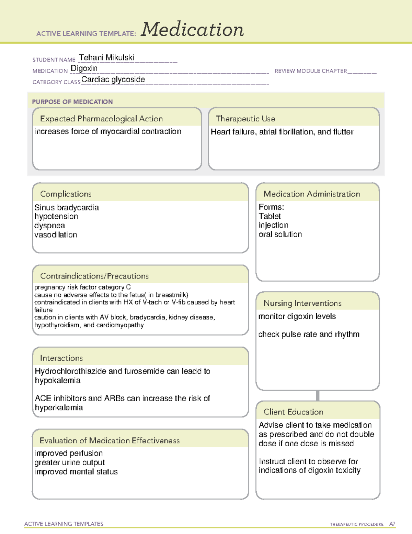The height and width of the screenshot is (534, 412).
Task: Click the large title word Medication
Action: (x=192, y=30)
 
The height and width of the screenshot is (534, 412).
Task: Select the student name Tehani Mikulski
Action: (x=106, y=58)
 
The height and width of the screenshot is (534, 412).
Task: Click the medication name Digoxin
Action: (x=84, y=68)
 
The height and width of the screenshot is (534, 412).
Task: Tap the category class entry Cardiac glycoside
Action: (x=113, y=79)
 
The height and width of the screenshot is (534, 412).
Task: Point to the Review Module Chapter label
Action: (x=311, y=71)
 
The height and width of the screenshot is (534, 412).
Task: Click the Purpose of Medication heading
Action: (x=72, y=102)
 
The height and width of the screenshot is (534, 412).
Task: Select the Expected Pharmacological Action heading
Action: (x=101, y=119)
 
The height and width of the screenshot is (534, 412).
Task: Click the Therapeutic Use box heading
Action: (x=245, y=119)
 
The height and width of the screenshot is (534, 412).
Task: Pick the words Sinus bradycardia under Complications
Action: (x=67, y=208)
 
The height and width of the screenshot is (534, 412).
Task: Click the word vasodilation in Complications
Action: (x=56, y=235)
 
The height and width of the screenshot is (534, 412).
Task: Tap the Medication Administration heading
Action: (x=312, y=194)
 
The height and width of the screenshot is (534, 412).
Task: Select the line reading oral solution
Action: (x=280, y=234)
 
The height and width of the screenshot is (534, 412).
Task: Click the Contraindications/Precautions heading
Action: (x=94, y=276)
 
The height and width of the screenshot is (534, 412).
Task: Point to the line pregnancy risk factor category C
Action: (x=82, y=287)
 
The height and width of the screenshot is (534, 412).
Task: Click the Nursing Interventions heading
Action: (x=302, y=303)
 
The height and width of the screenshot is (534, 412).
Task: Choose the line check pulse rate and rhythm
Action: (x=309, y=334)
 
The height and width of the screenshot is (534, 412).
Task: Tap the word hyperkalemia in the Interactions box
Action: (x=59, y=408)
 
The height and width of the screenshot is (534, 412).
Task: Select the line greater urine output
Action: (x=70, y=462)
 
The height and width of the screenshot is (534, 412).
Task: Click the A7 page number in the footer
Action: (x=392, y=524)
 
